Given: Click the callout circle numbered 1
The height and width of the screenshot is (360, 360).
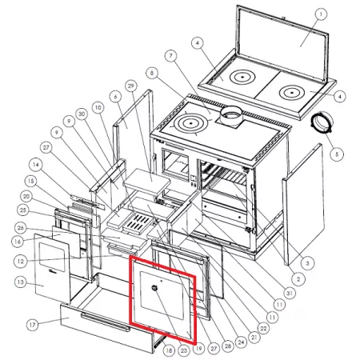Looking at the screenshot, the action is [x=321, y=14].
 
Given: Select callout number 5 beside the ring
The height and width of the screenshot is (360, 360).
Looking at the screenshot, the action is [x=337, y=154].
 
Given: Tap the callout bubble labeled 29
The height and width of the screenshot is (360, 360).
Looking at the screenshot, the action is [x=131, y=86].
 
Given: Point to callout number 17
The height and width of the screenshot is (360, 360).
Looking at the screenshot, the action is [x=32, y=325].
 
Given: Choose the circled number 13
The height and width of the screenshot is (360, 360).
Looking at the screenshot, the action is [x=21, y=282].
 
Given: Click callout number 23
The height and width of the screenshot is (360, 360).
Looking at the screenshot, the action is [x=184, y=350].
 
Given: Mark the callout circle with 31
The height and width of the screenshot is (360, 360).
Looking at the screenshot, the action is [x=290, y=294].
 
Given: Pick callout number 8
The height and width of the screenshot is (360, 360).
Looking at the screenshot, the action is [x=152, y=73].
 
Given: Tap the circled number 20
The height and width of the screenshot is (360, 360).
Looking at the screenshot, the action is [x=26, y=197].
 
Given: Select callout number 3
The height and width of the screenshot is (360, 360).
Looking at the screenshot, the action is [x=307, y=263].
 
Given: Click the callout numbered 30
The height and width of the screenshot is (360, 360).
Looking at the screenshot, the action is [x=82, y=114].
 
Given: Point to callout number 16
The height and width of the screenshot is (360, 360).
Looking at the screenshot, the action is [x=18, y=242].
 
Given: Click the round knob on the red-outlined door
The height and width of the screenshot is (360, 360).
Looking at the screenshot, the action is [x=154, y=288].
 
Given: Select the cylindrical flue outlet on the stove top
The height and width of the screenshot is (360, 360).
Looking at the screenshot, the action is [x=231, y=115].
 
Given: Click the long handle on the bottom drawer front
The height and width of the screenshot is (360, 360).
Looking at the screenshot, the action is [x=106, y=322].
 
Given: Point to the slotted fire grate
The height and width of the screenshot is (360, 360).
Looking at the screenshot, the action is [x=138, y=222].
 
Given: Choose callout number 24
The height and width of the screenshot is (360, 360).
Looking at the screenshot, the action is [x=241, y=342].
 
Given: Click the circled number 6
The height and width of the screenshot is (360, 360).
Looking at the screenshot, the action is [x=115, y=97].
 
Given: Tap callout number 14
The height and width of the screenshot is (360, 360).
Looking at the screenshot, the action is [x=36, y=165].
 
